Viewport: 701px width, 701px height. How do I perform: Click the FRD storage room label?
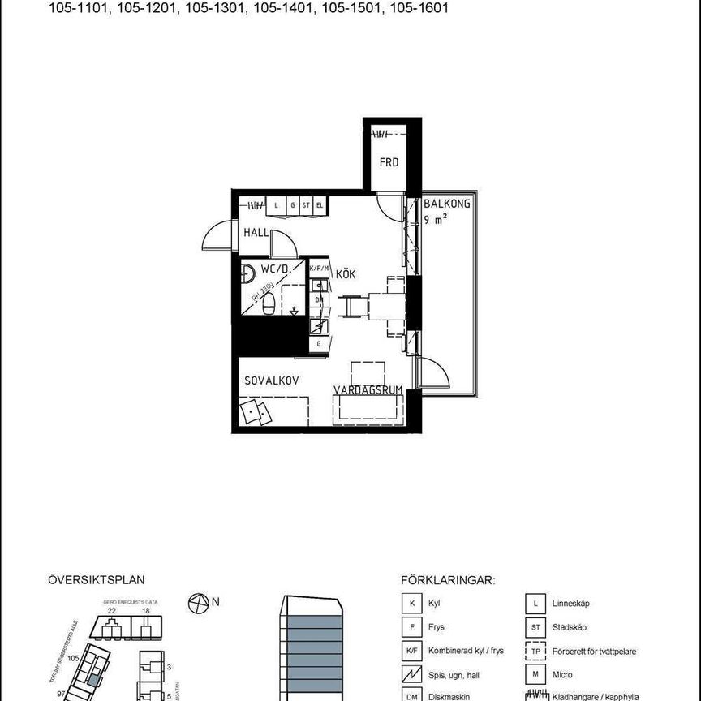pyautogui.click(x=389, y=162)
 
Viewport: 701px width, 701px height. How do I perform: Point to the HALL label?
pyautogui.click(x=256, y=233)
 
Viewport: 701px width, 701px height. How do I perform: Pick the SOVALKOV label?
pyautogui.click(x=273, y=380)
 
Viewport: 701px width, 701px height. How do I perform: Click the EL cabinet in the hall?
pyautogui.click(x=320, y=206)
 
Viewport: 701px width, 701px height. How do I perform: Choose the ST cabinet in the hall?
pyautogui.click(x=306, y=206)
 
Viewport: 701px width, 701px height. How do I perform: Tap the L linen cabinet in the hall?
pyautogui.click(x=277, y=206)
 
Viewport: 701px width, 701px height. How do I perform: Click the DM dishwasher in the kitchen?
pyautogui.click(x=319, y=299)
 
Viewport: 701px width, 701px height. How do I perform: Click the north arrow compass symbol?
pyautogui.click(x=197, y=603)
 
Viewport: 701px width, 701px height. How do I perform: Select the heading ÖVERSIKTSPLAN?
pyautogui.click(x=96, y=580)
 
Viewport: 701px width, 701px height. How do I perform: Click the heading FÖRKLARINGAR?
pyautogui.click(x=447, y=580)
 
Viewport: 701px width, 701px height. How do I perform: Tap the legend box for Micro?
pyautogui.click(x=534, y=674)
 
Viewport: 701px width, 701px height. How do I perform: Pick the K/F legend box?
pyautogui.click(x=412, y=651)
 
